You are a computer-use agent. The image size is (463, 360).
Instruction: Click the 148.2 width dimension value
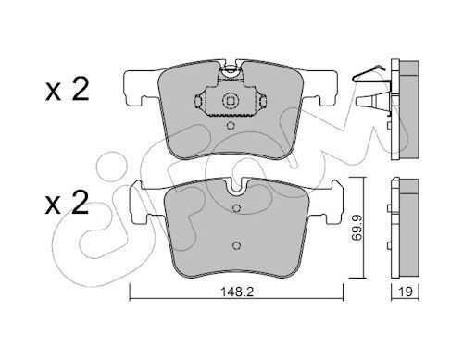[237, 292]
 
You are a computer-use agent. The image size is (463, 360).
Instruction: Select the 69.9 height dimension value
[357, 228]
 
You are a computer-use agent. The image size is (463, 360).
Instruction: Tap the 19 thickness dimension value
[406, 292]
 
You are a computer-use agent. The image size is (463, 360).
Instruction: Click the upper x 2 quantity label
[67, 89]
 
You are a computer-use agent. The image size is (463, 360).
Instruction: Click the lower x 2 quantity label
[67, 202]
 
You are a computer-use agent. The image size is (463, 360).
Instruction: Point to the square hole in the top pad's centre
[231, 101]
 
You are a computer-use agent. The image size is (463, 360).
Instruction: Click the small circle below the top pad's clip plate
[231, 126]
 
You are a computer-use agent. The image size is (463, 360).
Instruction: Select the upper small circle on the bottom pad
[236, 208]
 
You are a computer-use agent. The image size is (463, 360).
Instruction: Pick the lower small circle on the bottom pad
[236, 245]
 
